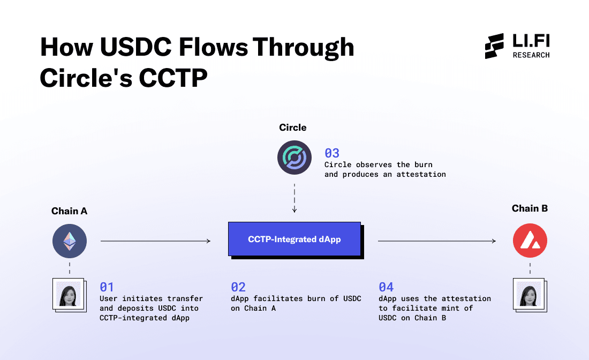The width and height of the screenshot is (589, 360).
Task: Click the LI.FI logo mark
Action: coord(494,46)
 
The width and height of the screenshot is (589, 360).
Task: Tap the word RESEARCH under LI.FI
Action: coord(531,55)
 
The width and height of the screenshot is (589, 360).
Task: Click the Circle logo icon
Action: coord(294,158)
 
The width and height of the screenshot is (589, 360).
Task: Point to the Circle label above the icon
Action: coord(293,127)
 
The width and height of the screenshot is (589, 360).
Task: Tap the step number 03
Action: coord(332,153)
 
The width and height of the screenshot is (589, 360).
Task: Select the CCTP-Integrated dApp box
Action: coord(294,238)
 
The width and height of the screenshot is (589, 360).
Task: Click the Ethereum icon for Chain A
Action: coord(70,242)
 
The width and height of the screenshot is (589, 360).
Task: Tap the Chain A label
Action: coord(69,211)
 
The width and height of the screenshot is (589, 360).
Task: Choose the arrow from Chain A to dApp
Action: coord(155,241)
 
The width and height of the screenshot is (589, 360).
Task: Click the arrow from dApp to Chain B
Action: coord(436,241)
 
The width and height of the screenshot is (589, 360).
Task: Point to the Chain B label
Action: coord(530,208)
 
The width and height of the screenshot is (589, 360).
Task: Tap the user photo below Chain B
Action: coord(528,294)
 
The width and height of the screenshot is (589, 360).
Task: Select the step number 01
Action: coord(107,287)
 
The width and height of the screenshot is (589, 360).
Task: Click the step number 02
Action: coord(238,287)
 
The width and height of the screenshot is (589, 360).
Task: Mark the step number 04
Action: coord(386,287)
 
